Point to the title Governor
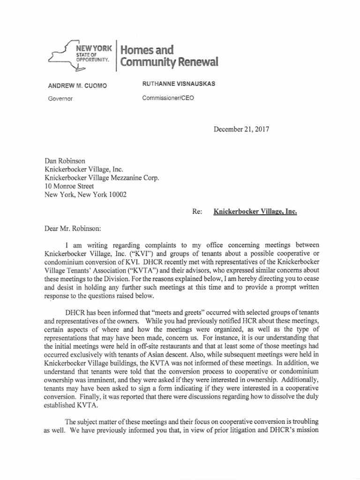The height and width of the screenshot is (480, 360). (60, 99)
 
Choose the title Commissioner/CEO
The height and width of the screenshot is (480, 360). (167, 98)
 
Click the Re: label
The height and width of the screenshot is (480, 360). (197, 211)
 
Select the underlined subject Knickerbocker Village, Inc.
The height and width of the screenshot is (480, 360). (255, 211)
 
